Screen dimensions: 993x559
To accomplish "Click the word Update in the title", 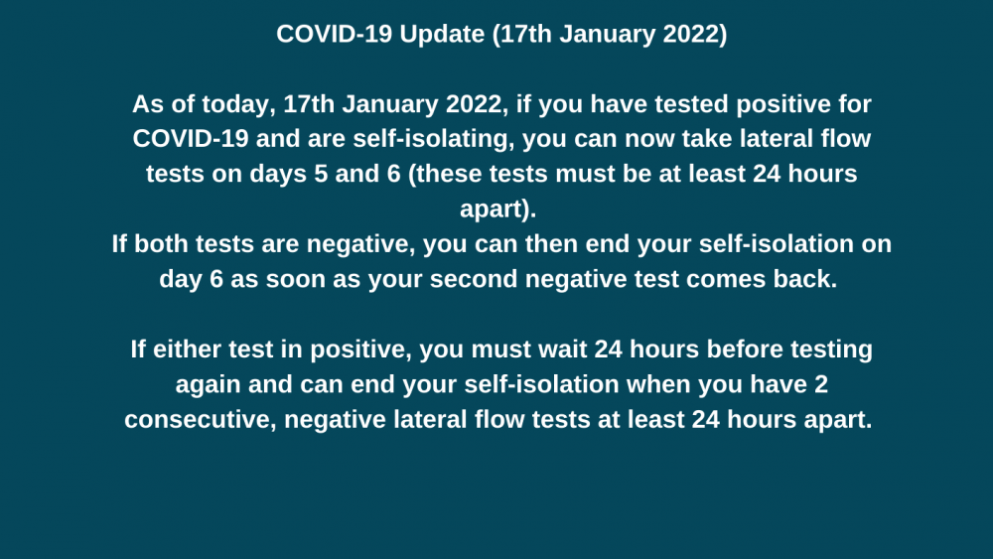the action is (x=442, y=35).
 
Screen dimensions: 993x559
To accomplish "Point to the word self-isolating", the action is (x=433, y=140).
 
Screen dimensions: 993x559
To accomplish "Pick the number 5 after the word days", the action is (x=321, y=174).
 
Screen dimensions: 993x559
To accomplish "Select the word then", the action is (x=551, y=244).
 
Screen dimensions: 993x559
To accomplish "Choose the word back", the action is (x=804, y=279).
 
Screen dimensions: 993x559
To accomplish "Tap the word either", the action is (x=187, y=349).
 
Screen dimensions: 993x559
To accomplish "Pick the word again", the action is (x=208, y=385).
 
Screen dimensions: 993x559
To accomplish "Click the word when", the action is (x=658, y=384).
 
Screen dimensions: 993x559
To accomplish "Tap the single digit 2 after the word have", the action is (x=821, y=384).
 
